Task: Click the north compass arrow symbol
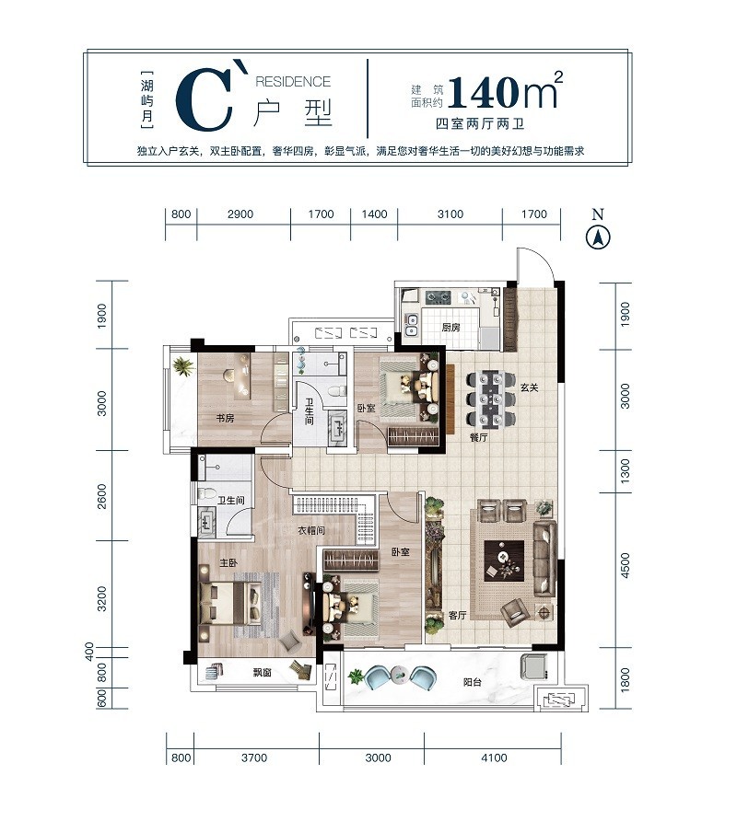click(598, 238)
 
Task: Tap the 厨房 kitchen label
click(450, 328)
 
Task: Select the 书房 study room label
click(226, 418)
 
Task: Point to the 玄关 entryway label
click(530, 387)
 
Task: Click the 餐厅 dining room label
click(478, 436)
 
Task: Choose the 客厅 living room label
click(458, 615)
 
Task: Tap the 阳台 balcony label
click(473, 682)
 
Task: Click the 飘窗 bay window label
click(262, 672)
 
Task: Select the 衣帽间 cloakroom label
click(311, 530)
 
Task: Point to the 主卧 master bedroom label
click(228, 563)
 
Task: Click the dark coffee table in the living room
click(504, 561)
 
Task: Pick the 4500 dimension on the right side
click(625, 565)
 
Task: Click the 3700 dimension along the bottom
click(254, 757)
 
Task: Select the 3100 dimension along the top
click(450, 214)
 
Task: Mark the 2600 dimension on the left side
click(101, 496)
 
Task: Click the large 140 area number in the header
click(482, 93)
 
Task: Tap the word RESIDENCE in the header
click(293, 82)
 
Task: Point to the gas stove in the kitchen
click(438, 298)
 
